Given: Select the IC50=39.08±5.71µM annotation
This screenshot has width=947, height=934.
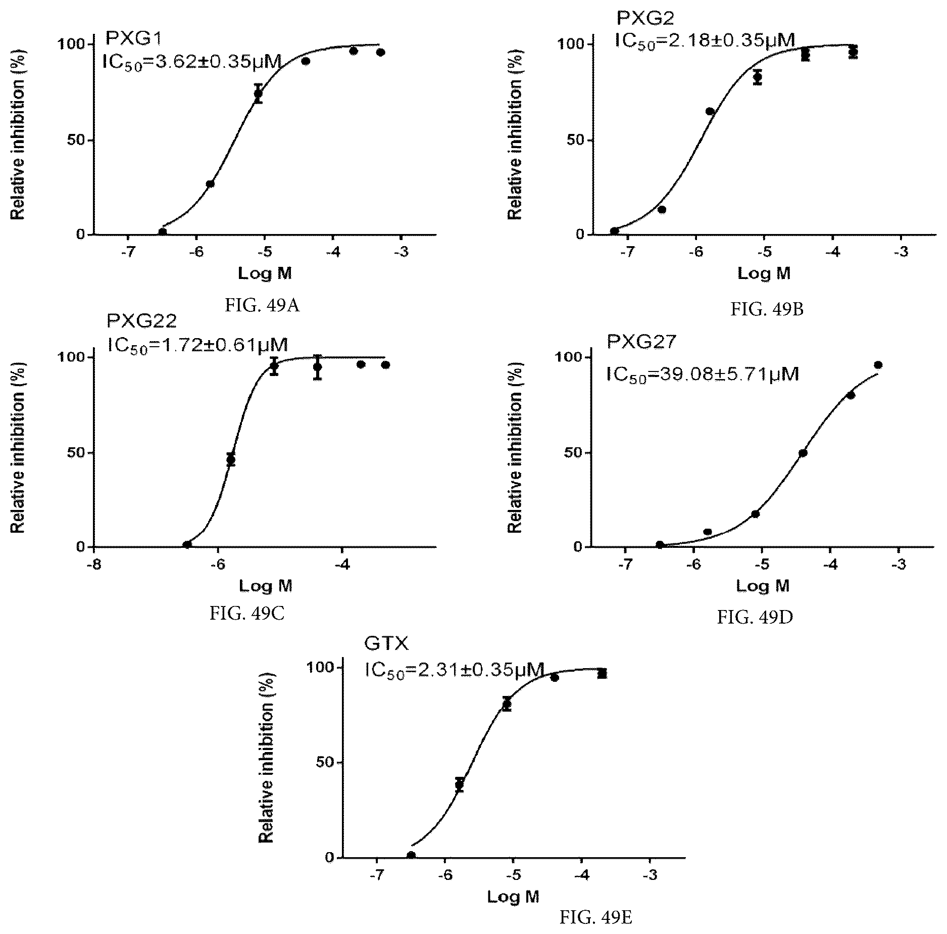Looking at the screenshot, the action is (x=703, y=375).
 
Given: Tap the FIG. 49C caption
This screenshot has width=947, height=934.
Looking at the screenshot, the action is (x=247, y=614).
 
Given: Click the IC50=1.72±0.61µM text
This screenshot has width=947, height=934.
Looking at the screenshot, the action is (x=198, y=345).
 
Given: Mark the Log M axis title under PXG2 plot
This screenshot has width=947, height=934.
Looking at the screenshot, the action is (x=764, y=273).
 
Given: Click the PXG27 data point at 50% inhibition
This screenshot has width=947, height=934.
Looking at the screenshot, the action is (x=803, y=453).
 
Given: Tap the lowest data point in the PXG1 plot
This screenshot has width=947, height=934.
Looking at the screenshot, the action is (x=163, y=232).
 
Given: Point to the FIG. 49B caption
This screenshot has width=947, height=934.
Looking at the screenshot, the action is (x=767, y=309).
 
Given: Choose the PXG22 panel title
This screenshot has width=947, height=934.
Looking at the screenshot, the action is (x=142, y=321).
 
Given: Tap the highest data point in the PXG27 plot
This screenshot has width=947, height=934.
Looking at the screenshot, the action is (x=878, y=365).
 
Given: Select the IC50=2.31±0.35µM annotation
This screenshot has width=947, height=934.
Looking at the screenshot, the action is (x=455, y=670).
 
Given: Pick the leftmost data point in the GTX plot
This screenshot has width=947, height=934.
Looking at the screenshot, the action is (x=411, y=855).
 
